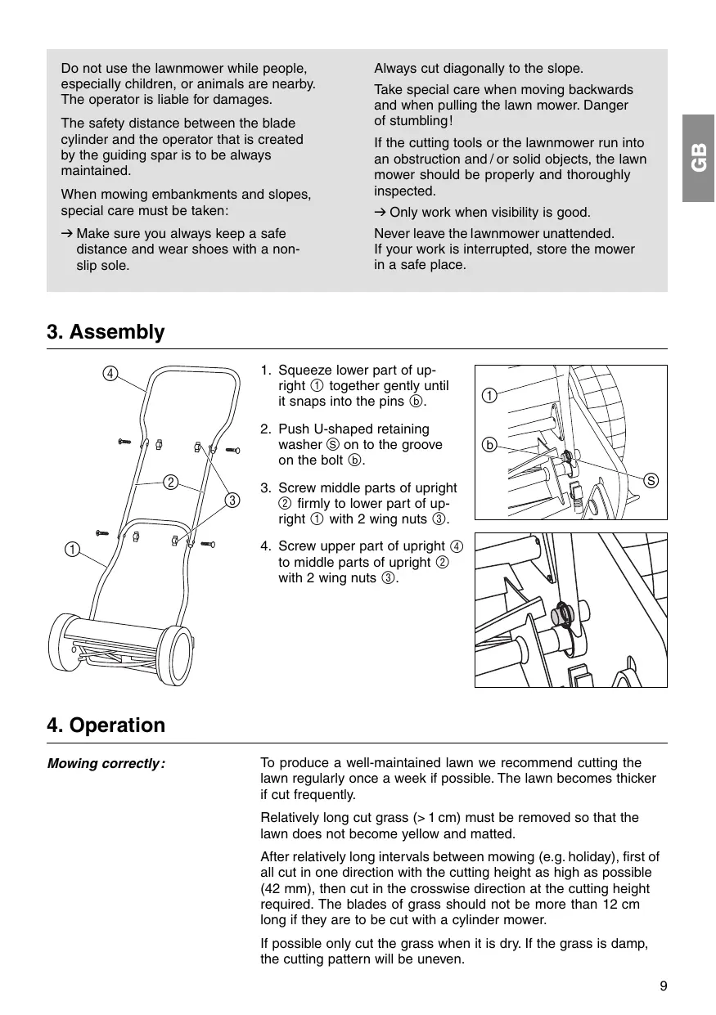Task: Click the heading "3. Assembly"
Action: [106, 332]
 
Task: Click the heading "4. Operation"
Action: [106, 725]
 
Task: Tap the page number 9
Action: [663, 986]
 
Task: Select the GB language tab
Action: [699, 158]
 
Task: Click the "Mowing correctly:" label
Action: [106, 764]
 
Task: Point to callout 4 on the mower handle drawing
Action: [109, 374]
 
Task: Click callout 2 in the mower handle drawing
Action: [170, 482]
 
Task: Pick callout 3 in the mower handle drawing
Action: [232, 500]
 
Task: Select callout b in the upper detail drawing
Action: [489, 446]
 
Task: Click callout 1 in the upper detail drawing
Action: [489, 397]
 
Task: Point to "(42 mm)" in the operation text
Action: [284, 889]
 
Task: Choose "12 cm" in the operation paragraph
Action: [624, 905]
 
